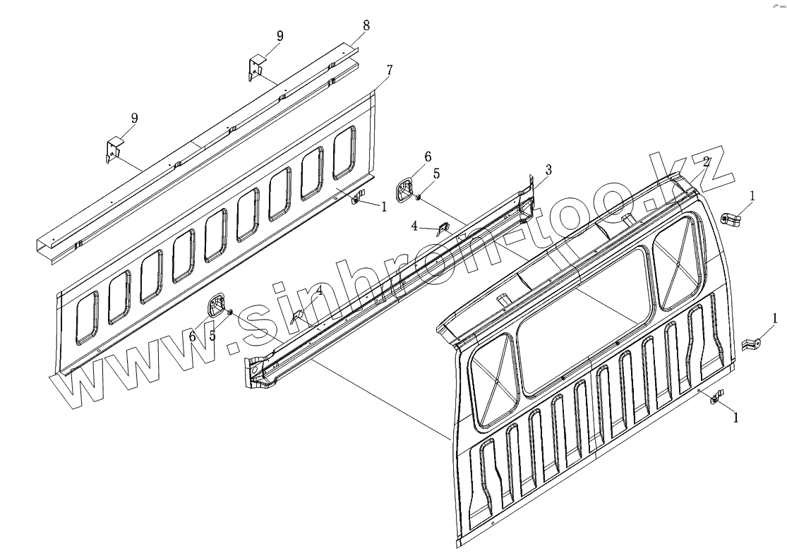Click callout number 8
(x=366, y=26)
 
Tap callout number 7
(x=390, y=70)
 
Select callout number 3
(x=548, y=170)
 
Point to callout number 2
(x=707, y=162)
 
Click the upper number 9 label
(x=280, y=36)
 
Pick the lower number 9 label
(x=134, y=118)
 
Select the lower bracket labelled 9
(x=114, y=150)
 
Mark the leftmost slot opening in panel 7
(x=87, y=317)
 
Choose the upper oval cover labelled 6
(x=405, y=192)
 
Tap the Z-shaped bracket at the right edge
(x=752, y=344)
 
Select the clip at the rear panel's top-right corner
(x=731, y=219)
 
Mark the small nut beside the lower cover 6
(x=229, y=312)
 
